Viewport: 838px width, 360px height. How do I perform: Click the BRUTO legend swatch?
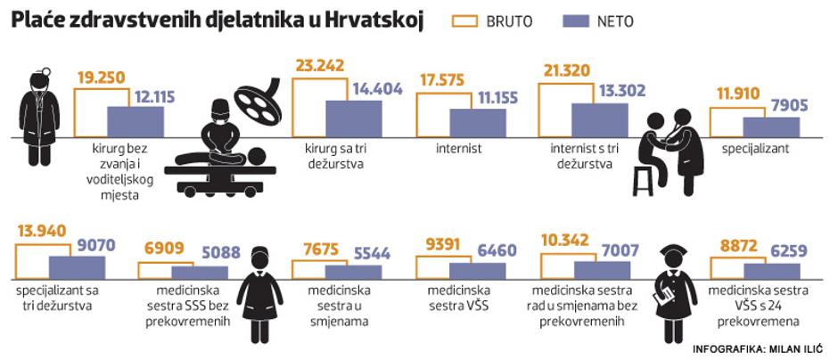(469, 20)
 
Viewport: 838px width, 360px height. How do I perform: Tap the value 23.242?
(321, 65)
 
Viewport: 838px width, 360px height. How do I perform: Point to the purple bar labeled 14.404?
(353, 119)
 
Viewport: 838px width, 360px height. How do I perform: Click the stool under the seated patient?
(643, 180)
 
